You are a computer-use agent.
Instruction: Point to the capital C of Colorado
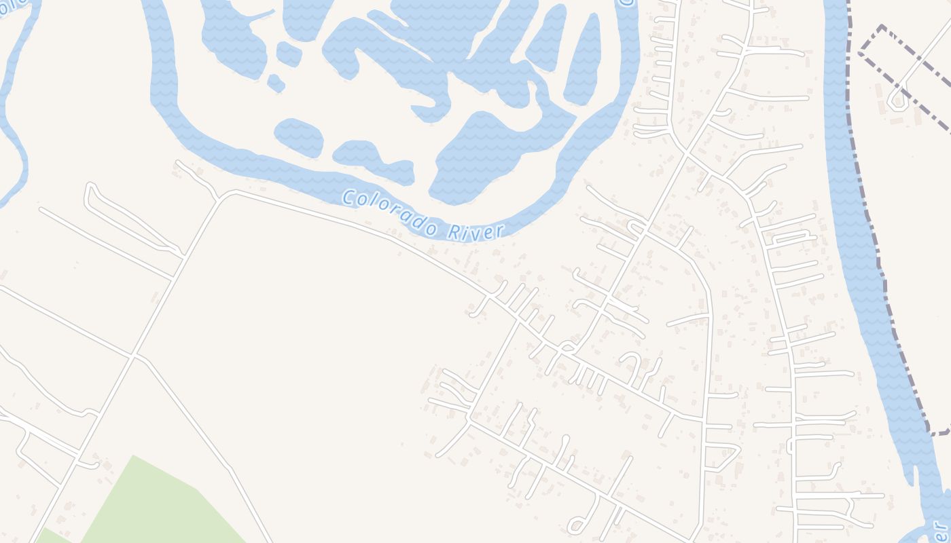click(x=348, y=198)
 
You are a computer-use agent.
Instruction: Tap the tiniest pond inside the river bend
click(x=275, y=83)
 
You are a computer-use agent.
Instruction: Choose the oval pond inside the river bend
click(x=299, y=137)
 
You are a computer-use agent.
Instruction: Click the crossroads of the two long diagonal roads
click(x=134, y=354)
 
